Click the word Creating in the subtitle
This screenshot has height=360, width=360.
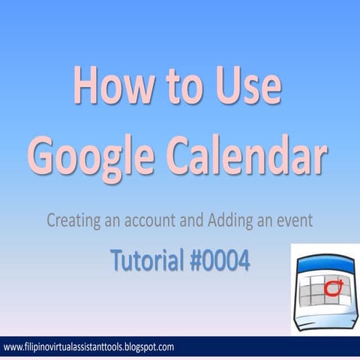73,222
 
